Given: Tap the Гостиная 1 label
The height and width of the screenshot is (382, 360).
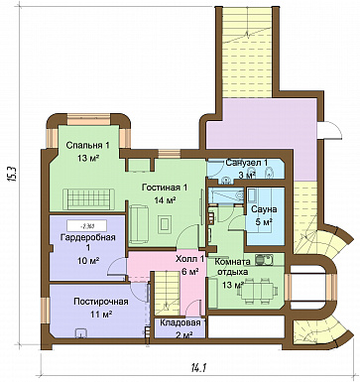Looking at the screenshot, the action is click(165, 188).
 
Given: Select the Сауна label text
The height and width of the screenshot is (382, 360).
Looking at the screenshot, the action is click(264, 209).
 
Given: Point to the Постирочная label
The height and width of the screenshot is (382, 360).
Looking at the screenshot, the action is click(101, 302).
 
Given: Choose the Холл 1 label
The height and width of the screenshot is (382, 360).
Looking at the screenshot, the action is click(189, 259).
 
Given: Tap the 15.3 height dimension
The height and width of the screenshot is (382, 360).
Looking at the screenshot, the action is click(12, 173).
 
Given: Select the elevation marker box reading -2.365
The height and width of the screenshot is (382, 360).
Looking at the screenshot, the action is click(86, 226).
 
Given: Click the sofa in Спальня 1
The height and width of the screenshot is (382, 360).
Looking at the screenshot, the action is click(88, 198).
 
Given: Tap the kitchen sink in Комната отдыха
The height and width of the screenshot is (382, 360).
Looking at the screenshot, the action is click(264, 259).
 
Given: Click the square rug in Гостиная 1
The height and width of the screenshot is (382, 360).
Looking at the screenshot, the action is click(165, 224).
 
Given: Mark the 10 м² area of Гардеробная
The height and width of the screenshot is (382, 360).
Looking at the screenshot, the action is click(89, 261).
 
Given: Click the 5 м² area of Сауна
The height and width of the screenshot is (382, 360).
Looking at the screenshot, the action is click(264, 221).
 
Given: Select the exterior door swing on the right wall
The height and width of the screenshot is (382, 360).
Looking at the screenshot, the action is click(330, 130).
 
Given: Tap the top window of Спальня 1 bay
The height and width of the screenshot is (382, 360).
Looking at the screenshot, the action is click(88, 119).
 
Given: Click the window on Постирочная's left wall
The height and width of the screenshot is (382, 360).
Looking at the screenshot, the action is click(46, 311).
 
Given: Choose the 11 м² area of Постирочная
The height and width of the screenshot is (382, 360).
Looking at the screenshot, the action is click(101, 314).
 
